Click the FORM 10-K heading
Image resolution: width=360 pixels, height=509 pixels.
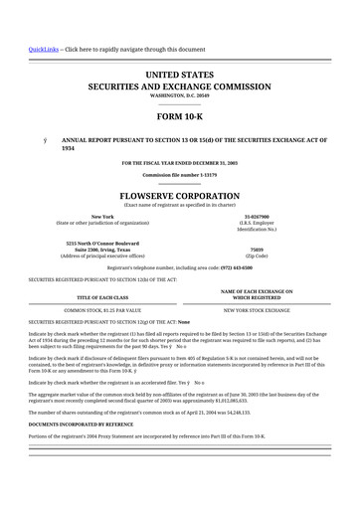(x=180, y=117)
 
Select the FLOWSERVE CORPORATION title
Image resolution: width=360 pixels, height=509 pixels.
(x=180, y=197)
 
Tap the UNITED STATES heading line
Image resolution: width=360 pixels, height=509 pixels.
(x=180, y=75)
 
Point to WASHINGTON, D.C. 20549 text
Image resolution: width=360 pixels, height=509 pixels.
(x=180, y=95)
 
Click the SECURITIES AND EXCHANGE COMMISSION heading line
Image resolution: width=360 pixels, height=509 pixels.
(x=180, y=86)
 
